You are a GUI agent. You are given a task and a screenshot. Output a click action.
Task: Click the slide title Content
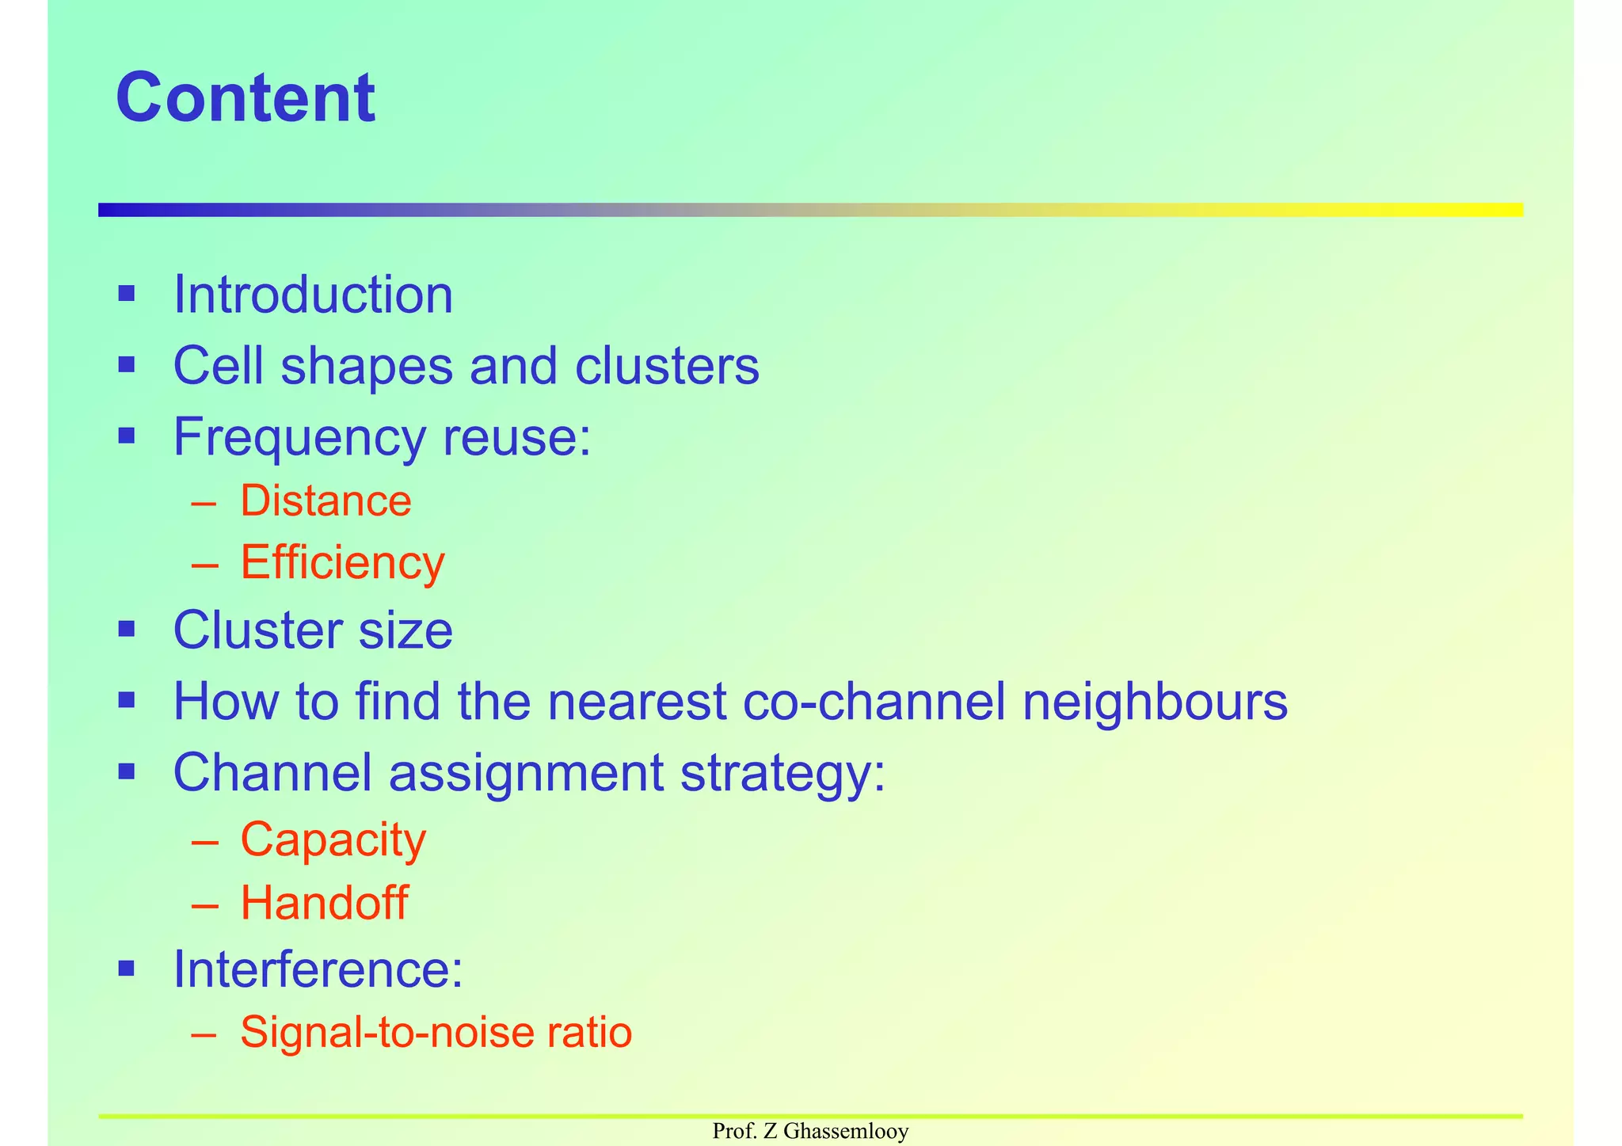tap(246, 98)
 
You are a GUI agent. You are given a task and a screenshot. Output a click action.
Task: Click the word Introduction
tap(313, 295)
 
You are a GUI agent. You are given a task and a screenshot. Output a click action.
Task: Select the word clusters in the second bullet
tap(667, 366)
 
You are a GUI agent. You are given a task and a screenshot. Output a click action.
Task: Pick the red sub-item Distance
tap(326, 501)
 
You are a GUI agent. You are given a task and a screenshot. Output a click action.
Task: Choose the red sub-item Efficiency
tap(342, 564)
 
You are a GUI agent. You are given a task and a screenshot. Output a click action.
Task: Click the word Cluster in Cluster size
tap(257, 630)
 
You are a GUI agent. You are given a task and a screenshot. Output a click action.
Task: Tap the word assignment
tap(526, 772)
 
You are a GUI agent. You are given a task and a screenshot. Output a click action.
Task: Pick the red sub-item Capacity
tap(333, 840)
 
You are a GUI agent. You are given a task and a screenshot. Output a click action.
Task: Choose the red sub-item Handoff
tap(324, 903)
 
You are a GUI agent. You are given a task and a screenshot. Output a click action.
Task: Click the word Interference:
tap(318, 969)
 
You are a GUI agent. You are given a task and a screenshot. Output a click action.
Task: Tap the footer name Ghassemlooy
tap(846, 1132)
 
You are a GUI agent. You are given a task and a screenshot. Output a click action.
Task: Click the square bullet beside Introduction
tap(127, 295)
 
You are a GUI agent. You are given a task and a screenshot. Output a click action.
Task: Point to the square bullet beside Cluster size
tap(127, 630)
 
